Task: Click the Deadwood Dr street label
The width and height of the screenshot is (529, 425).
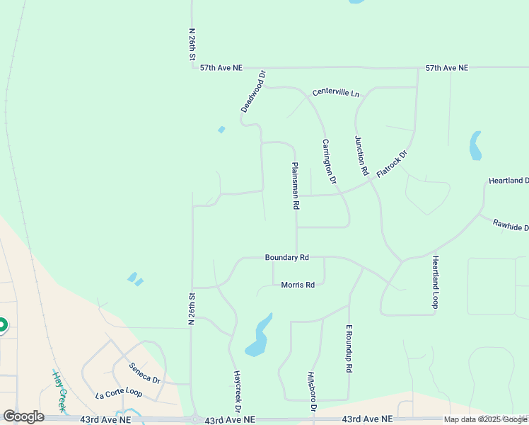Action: [x=252, y=91]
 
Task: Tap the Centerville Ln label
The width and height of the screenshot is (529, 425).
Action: [x=336, y=93]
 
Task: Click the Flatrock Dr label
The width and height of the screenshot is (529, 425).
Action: [x=393, y=163]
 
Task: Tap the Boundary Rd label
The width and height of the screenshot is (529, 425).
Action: [x=287, y=258]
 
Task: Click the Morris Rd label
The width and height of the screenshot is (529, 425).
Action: [x=298, y=285]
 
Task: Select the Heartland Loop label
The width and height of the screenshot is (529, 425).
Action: [x=436, y=282]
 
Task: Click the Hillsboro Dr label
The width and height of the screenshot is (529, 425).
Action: [x=311, y=392]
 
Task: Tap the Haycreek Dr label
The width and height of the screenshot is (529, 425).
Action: [x=238, y=391]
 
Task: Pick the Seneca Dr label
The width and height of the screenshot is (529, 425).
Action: [x=145, y=373]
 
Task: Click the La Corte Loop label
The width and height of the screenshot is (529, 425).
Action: [x=119, y=392]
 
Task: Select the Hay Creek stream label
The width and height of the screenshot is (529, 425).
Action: [x=59, y=390]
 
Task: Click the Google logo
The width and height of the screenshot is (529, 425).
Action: [x=23, y=416]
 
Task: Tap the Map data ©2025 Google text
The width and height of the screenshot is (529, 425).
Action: [x=485, y=419]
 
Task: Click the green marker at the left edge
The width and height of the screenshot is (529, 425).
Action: [x=2, y=325]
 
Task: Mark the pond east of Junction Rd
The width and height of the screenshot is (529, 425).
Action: [x=475, y=145]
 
